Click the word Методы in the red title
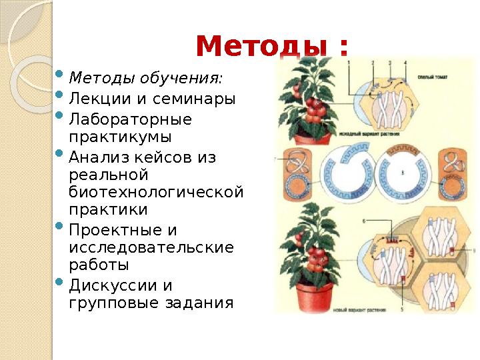pyautogui.click(x=262, y=47)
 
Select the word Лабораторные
pyautogui.click(x=130, y=120)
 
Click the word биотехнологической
pyautogui.click(x=156, y=192)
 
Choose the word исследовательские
pyautogui.click(x=151, y=247)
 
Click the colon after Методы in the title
pyautogui.click(x=343, y=48)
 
